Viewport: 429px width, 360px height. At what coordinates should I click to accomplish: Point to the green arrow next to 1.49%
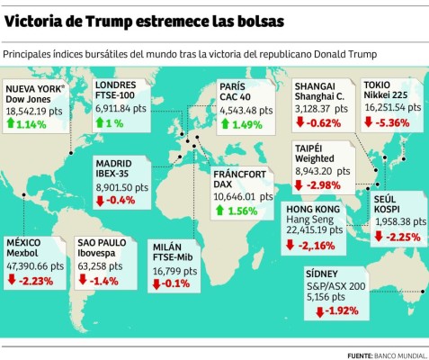coord(226,124)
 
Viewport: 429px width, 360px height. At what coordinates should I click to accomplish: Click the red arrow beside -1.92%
coord(319,311)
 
